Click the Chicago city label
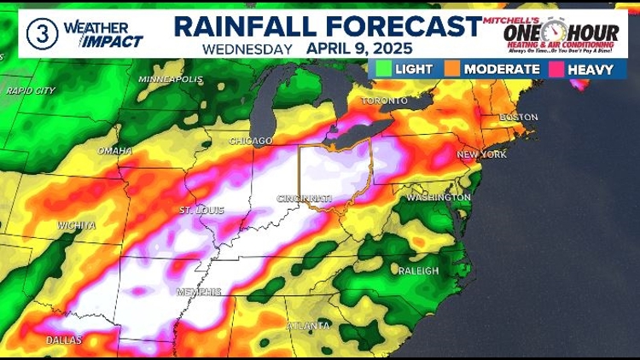(251, 141)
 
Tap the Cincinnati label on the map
(303, 198)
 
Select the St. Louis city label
(201, 210)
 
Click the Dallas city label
(65, 340)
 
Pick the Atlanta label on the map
(308, 326)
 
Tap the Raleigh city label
(418, 271)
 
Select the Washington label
(439, 198)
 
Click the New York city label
(482, 154)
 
